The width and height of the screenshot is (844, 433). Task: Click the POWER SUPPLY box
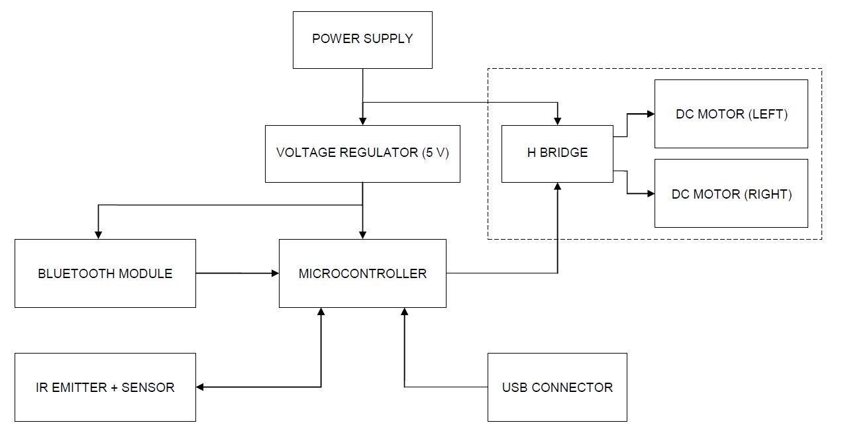tap(362, 40)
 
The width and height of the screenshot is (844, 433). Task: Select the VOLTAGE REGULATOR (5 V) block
tap(362, 154)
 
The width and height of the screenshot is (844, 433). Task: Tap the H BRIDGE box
tap(557, 154)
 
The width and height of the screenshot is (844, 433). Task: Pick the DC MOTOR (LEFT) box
tap(731, 114)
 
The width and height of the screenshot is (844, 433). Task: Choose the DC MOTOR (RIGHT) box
tap(731, 193)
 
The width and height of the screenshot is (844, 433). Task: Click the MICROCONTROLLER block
tap(362, 273)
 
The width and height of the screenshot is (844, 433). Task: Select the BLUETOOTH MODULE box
tap(105, 273)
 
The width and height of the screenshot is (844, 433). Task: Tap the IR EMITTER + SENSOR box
tap(105, 387)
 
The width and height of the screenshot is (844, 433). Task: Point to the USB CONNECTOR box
tap(557, 387)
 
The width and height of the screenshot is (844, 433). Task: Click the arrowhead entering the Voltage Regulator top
tap(362, 121)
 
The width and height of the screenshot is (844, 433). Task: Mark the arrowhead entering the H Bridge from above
tap(557, 121)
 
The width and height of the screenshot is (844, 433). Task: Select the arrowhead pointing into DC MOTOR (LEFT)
tap(650, 114)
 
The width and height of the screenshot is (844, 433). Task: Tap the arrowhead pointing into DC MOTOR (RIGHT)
tap(650, 193)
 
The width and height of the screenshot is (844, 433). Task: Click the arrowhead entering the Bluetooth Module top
tap(98, 234)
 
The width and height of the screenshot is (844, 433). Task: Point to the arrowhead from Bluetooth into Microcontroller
tap(274, 273)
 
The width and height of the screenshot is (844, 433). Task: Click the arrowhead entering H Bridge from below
tap(557, 187)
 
